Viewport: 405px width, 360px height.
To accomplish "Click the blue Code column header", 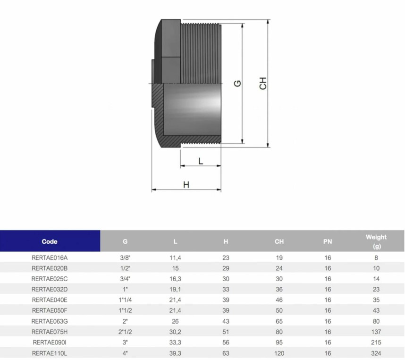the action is pos(50,241).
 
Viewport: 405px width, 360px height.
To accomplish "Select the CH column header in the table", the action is pos(279,241).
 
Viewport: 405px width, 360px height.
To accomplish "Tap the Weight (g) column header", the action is pos(376,241).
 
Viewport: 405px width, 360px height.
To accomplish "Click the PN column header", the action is pos(328,241).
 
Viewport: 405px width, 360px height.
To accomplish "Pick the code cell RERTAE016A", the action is pos(50,257).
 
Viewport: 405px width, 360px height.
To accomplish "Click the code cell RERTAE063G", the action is pos(50,321).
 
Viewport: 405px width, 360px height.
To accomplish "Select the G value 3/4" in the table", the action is pos(125,279).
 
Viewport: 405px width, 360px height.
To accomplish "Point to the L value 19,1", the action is pos(175,290).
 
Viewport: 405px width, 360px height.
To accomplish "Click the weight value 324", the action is pos(376,353).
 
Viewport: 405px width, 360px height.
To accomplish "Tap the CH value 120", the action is pos(279,353).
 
